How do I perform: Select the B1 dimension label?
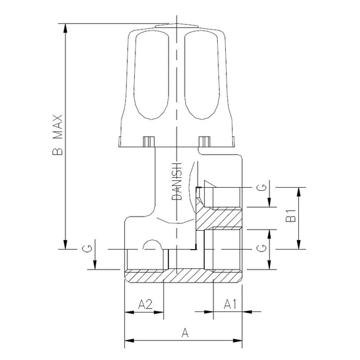pyautogui.click(x=290, y=218)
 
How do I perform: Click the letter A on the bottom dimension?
pyautogui.click(x=185, y=333)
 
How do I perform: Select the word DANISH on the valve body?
pyautogui.click(x=177, y=182)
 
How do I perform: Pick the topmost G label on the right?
pyautogui.click(x=263, y=187)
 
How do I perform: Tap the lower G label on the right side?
pyautogui.click(x=263, y=248)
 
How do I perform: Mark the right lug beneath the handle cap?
pyautogui.click(x=203, y=141)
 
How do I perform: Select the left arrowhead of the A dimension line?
pyautogui.click(x=129, y=341)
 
